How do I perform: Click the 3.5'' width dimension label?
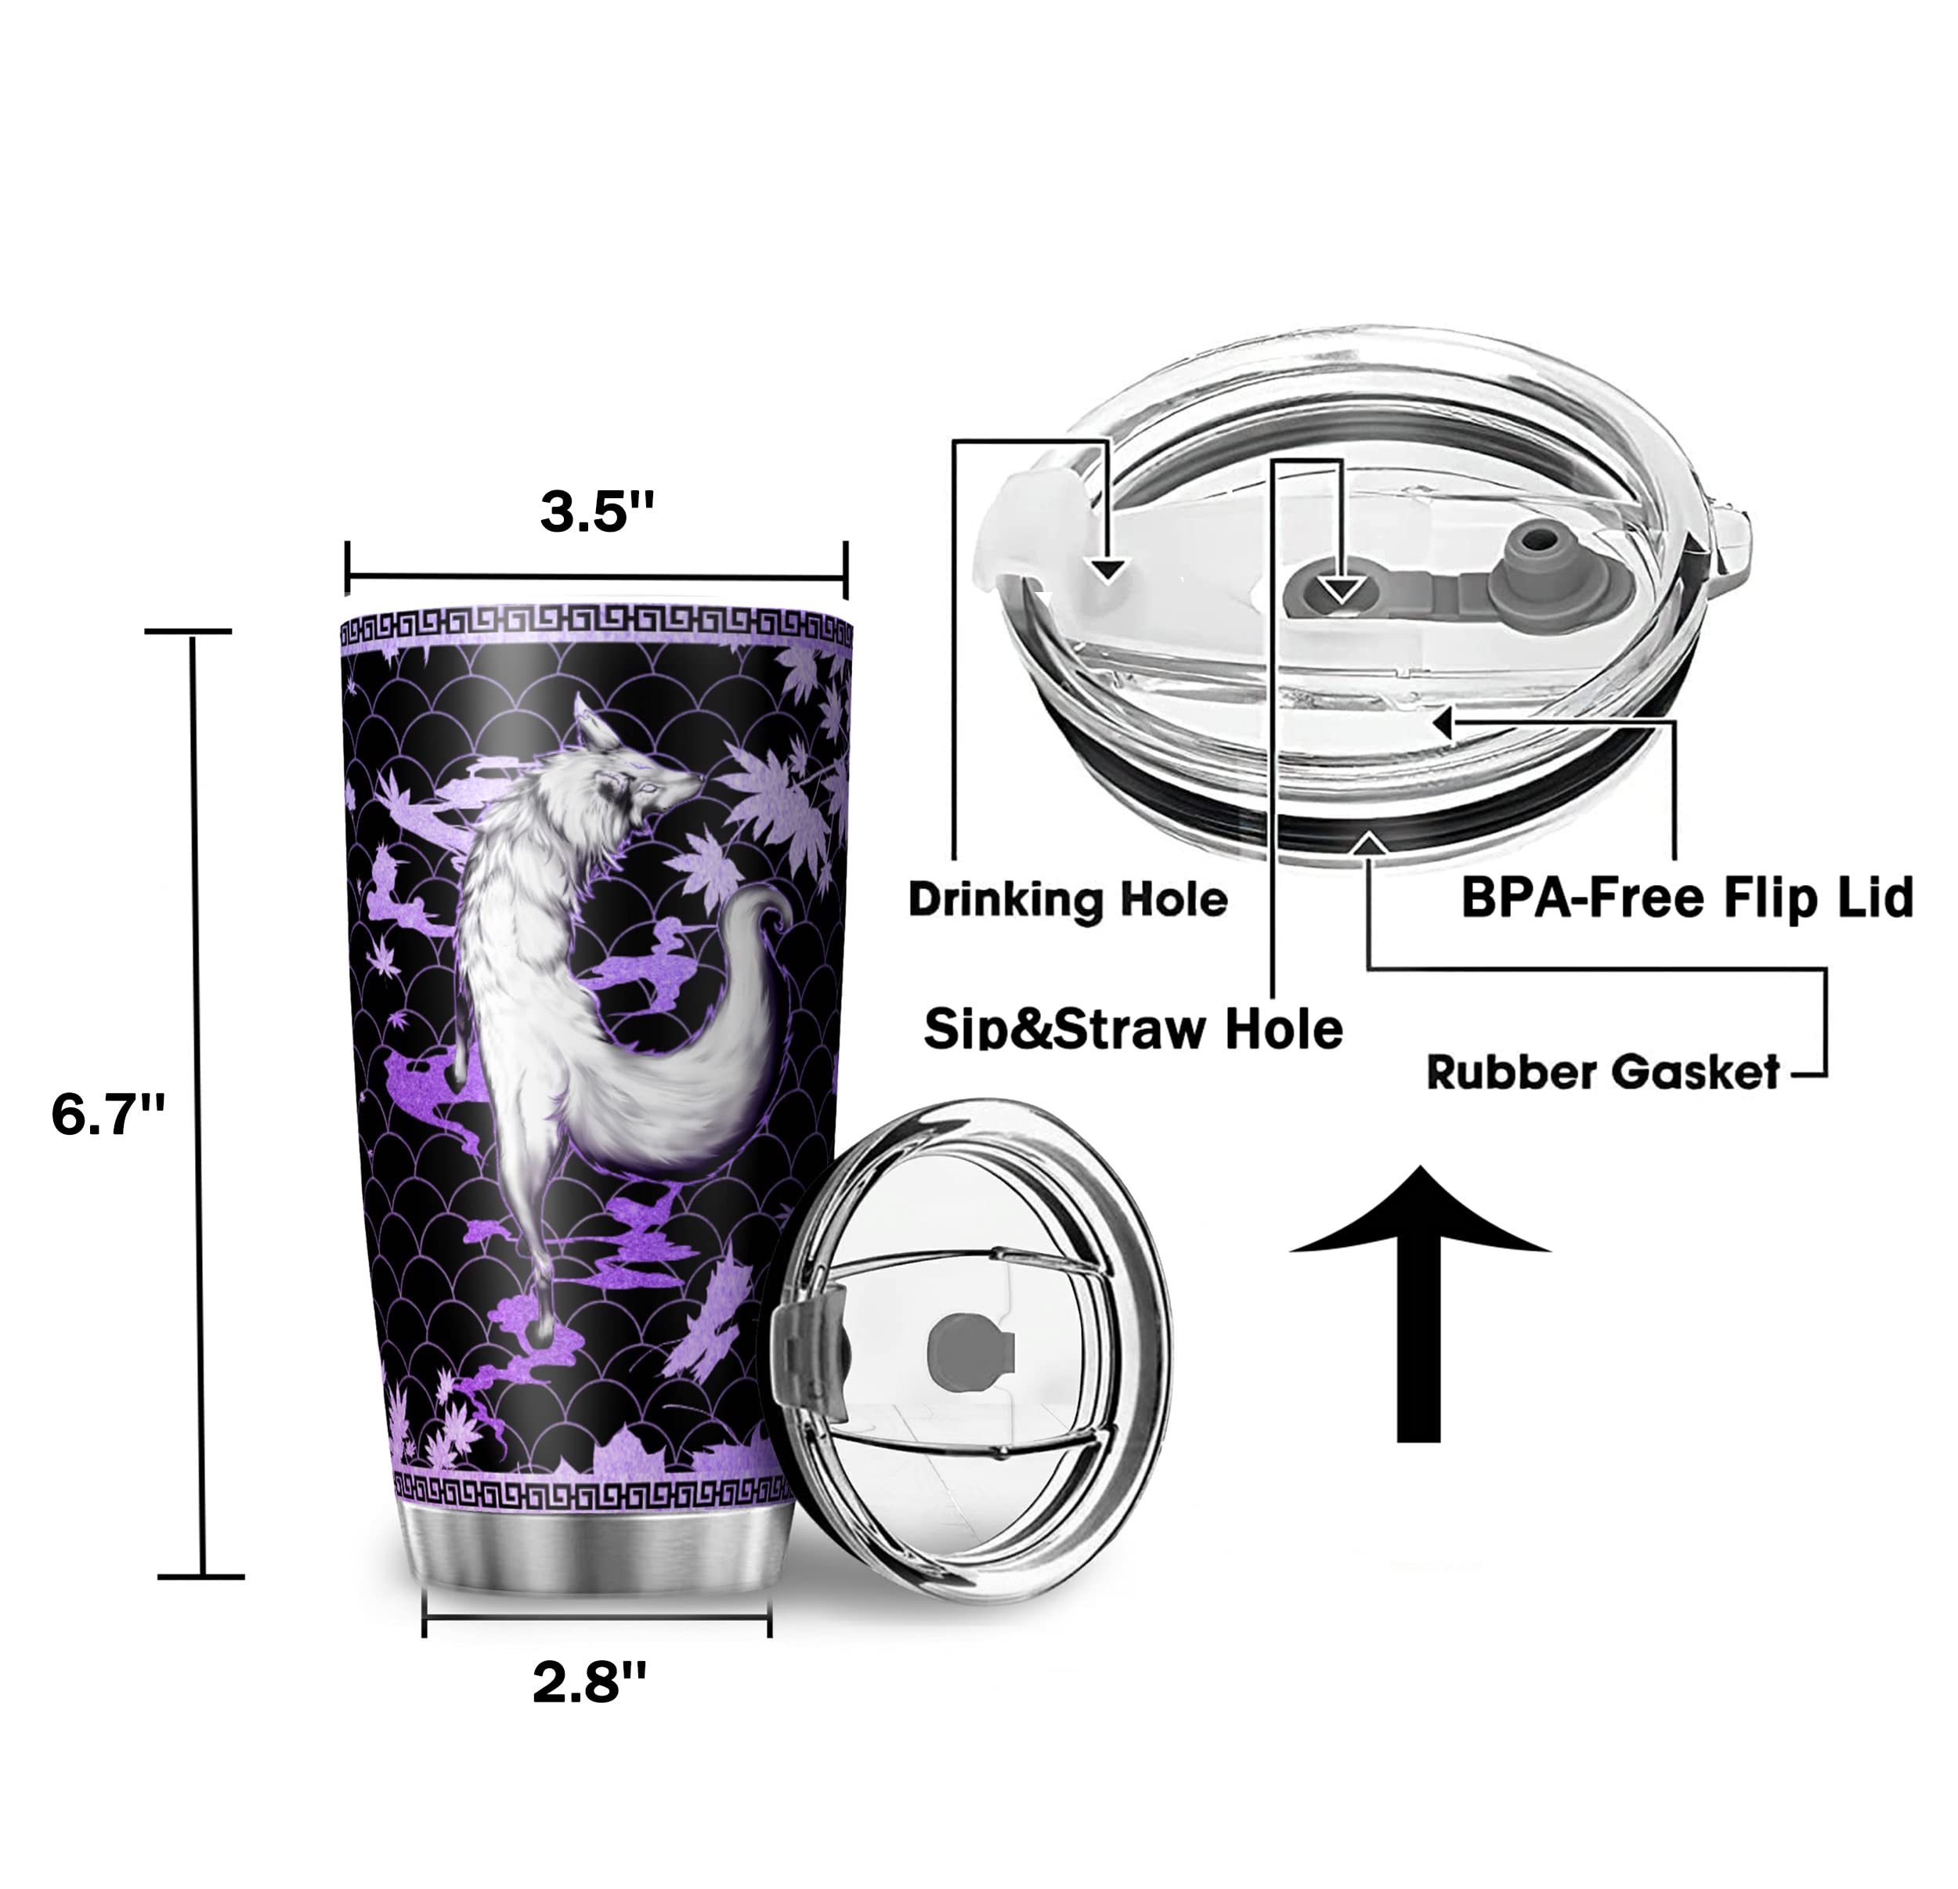point(596,512)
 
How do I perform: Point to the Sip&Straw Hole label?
point(1133,1028)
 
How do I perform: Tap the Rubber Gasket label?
point(1602,1073)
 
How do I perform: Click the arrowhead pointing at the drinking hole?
point(1107,570)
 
